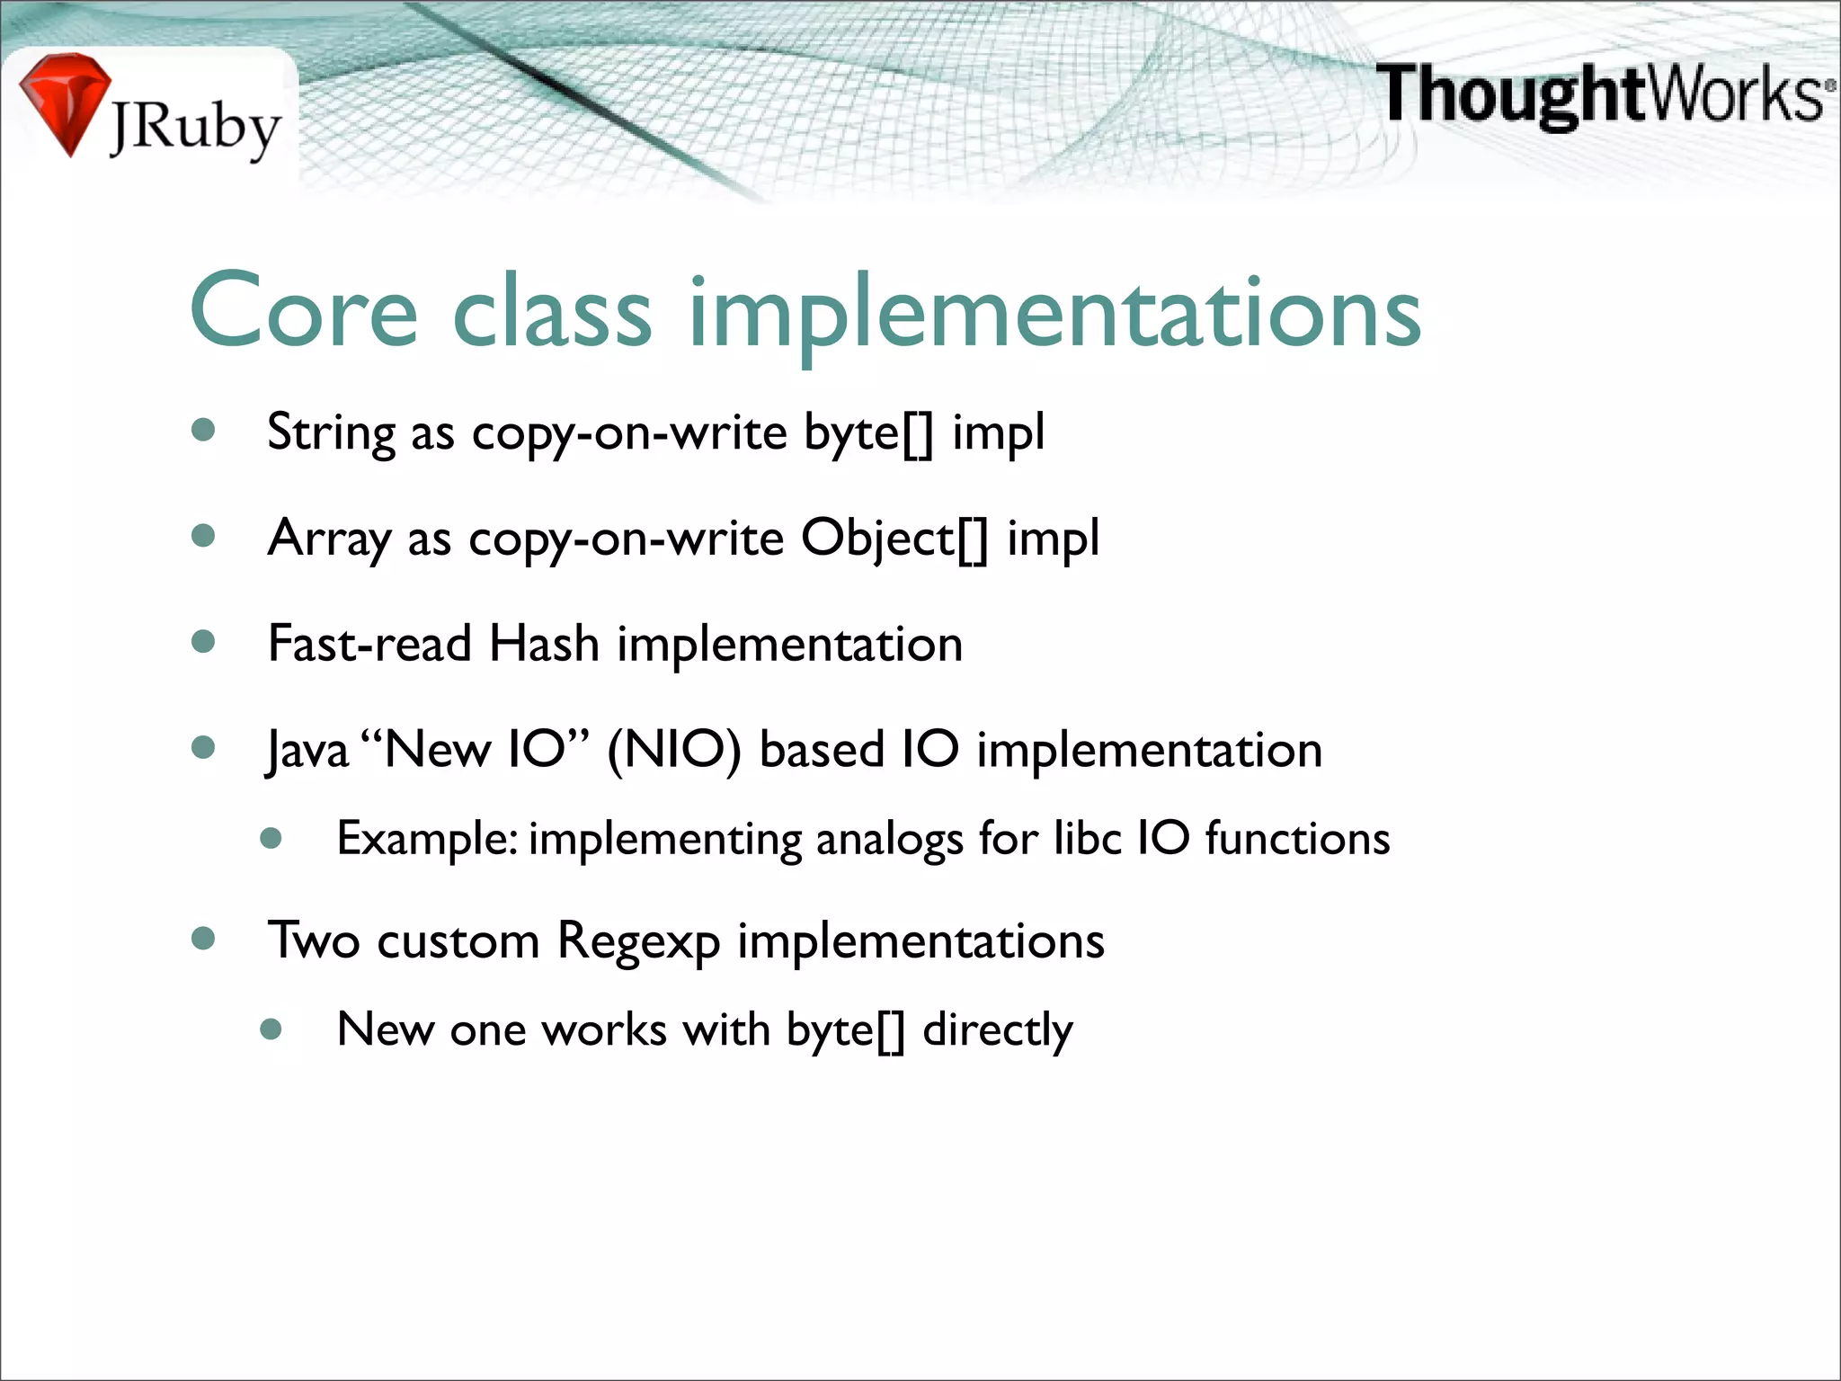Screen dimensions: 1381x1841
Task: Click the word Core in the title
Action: point(304,311)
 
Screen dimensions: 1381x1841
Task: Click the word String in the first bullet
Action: point(331,433)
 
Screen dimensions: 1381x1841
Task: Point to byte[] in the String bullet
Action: point(868,433)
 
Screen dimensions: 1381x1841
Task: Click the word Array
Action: point(328,539)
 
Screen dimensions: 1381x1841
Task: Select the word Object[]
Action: point(894,539)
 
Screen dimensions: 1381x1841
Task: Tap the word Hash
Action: point(544,644)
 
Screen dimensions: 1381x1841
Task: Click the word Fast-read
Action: point(369,644)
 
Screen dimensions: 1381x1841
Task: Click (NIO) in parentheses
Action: point(674,750)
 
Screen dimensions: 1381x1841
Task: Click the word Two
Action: point(314,940)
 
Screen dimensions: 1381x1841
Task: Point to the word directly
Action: point(998,1030)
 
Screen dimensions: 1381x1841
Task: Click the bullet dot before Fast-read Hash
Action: point(204,642)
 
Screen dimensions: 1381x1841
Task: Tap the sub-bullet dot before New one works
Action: point(271,1029)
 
